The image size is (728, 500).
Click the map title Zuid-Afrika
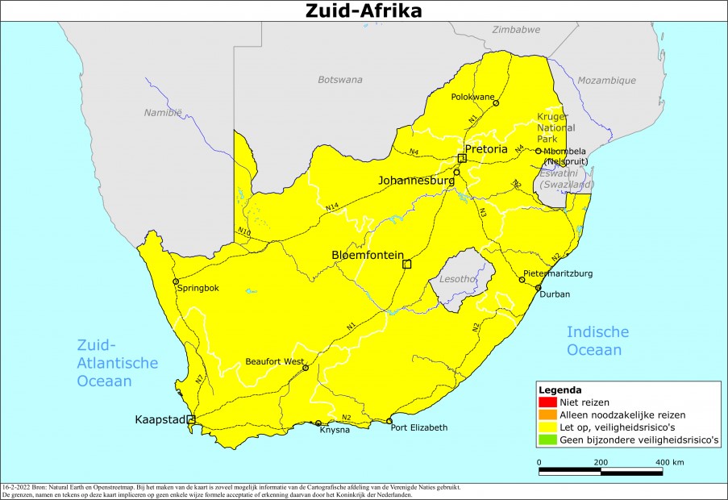pyautogui.click(x=364, y=10)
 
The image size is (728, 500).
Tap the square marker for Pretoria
pyautogui.click(x=462, y=158)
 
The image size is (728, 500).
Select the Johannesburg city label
pyautogui.click(x=416, y=181)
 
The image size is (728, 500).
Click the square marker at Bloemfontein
pyautogui.click(x=407, y=264)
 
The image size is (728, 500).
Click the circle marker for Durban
pyautogui.click(x=538, y=288)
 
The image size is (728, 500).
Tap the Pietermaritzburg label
pyautogui.click(x=558, y=274)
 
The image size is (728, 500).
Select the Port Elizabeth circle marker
pyautogui.click(x=389, y=421)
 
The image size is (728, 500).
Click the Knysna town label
pyautogui.click(x=334, y=430)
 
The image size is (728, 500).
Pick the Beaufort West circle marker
pyautogui.click(x=306, y=368)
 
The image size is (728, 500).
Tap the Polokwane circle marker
pyautogui.click(x=496, y=103)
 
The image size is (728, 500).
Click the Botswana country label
pyautogui.click(x=340, y=80)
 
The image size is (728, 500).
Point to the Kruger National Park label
pyautogui.click(x=556, y=127)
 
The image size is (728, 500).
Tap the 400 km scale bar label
pyautogui.click(x=670, y=462)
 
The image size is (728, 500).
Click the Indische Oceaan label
pyautogui.click(x=597, y=341)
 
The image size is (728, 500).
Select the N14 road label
pyautogui.click(x=332, y=208)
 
